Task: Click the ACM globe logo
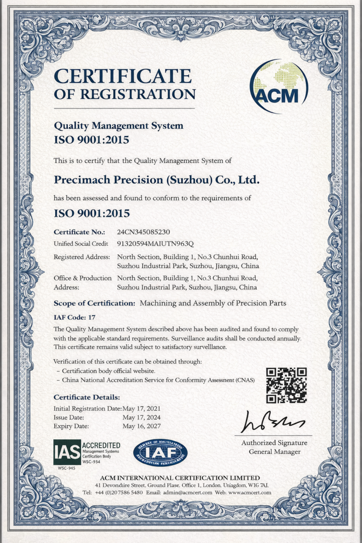279,86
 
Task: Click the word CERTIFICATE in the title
123,76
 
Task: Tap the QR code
286,385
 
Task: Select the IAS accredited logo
87,452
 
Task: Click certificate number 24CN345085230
143,232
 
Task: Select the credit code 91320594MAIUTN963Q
155,244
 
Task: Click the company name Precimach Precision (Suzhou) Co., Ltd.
156,180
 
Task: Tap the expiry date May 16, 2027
141,426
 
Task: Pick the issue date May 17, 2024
141,417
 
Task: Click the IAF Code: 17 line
74,317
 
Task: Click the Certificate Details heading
87,397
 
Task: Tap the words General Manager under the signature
274,452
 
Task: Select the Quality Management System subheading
118,126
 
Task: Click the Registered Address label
82,257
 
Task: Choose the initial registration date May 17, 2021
141,408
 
